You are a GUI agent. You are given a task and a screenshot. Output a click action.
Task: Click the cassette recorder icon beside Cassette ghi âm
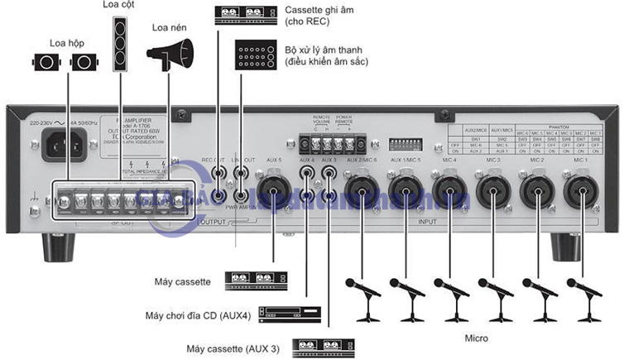(245, 13)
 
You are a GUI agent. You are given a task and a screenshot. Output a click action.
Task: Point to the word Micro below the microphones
(476, 338)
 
